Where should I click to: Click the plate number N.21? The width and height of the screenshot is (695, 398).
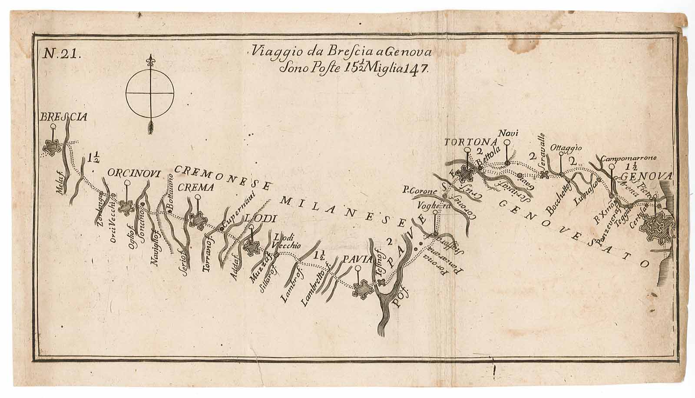click(60, 53)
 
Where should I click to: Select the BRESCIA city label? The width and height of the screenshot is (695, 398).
click(63, 116)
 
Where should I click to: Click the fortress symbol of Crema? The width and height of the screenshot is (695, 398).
click(198, 220)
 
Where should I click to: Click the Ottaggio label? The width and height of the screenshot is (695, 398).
click(566, 148)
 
